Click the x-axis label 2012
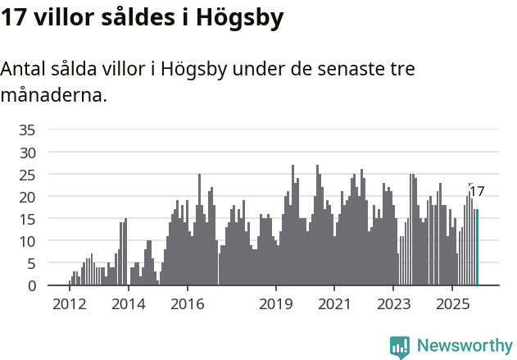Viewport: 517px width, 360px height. click(69, 304)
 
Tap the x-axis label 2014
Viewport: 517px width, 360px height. click(128, 304)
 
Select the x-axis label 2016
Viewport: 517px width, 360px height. click(187, 304)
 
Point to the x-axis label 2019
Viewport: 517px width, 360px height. click(276, 304)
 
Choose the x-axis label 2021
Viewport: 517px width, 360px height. click(334, 304)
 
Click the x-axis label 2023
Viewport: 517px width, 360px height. click(393, 304)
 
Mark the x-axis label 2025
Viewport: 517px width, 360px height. click(452, 304)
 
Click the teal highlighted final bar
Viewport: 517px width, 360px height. click(477, 248)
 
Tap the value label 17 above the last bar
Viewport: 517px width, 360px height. click(477, 192)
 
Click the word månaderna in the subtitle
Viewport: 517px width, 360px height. click(53, 95)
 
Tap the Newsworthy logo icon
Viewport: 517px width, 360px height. click(400, 347)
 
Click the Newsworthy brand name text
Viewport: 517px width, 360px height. click(464, 346)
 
